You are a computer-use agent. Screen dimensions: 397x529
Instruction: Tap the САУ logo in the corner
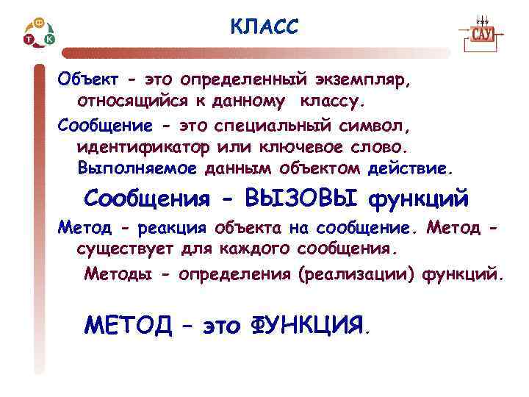(x=481, y=35)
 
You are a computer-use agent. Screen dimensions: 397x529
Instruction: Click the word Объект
(x=83, y=78)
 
